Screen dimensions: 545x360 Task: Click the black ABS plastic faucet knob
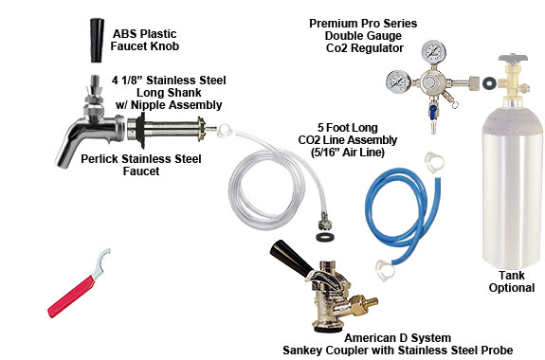[97, 41]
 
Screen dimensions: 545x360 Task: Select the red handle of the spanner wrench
[70, 297]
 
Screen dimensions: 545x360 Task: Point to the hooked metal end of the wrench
[103, 261]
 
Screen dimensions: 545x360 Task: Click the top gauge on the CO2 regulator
[433, 52]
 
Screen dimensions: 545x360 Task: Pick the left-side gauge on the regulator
[398, 82]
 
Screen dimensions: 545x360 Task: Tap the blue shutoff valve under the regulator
[433, 111]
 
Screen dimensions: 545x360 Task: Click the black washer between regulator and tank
[489, 82]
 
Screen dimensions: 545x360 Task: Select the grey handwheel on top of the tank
[513, 58]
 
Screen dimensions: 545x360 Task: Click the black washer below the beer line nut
[325, 238]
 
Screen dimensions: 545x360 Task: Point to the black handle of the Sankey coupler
[291, 258]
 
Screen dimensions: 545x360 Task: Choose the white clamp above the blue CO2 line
[434, 162]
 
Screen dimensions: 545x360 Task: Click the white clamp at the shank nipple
[225, 131]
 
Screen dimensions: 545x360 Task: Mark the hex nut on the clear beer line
[325, 223]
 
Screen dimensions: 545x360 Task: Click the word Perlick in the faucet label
[100, 159]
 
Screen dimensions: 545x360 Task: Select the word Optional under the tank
[512, 288]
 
